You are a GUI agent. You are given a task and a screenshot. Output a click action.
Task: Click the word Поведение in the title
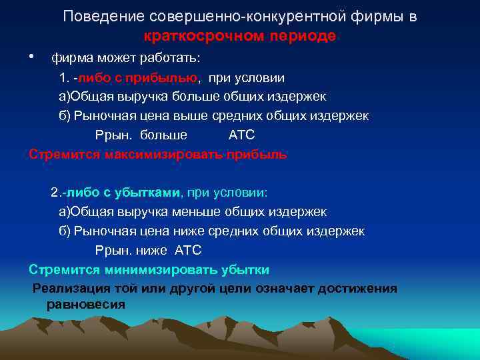(96, 17)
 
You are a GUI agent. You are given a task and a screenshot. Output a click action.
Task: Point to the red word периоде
(303, 36)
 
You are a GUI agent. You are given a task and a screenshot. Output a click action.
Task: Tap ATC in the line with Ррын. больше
(241, 135)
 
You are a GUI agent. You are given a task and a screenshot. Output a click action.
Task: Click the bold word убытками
(148, 193)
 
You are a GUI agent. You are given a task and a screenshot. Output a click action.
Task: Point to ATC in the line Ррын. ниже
(187, 251)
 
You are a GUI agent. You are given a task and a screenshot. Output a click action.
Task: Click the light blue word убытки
(246, 270)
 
